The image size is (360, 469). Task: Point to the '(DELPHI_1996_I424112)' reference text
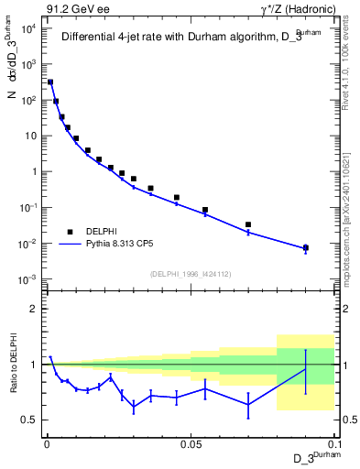coord(190,272)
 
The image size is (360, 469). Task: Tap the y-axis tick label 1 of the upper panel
coord(34,171)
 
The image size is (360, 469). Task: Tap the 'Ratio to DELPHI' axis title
coord(14,364)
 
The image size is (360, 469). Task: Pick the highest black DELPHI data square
coord(50,82)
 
